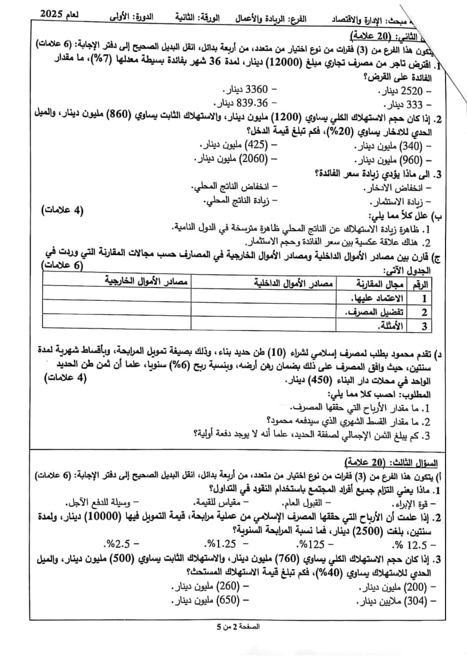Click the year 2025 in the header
[x=55, y=13]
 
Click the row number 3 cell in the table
[x=423, y=326]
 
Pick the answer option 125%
[x=313, y=545]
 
